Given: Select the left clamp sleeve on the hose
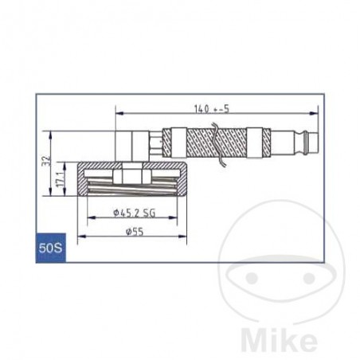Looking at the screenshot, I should (x=178, y=143).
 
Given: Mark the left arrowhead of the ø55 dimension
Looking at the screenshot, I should (x=80, y=237).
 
